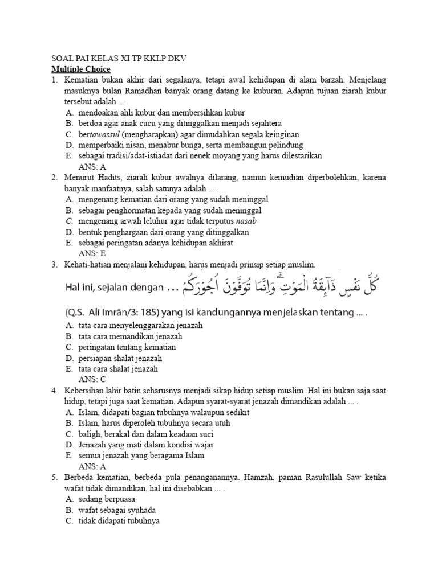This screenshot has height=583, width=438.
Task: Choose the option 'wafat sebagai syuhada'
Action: [117, 510]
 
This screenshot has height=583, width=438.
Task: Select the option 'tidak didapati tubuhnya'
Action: [119, 520]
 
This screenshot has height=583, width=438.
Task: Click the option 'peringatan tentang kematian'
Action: [127, 347]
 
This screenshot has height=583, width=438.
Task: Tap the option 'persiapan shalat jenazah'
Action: [121, 358]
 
